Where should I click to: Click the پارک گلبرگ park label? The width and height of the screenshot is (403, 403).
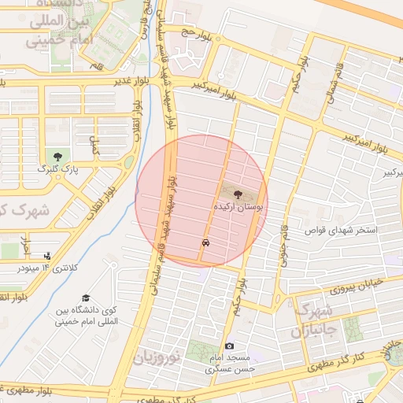click(57, 168)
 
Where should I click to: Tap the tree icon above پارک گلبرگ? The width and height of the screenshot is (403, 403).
click(57, 155)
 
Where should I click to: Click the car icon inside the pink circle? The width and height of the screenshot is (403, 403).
click(205, 243)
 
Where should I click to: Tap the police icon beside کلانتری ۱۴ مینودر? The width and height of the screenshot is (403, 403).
click(48, 256)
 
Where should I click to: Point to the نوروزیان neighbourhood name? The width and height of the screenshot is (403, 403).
click(157, 357)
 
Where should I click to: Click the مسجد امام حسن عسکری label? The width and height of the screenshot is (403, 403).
click(230, 363)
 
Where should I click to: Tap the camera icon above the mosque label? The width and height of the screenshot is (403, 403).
click(229, 346)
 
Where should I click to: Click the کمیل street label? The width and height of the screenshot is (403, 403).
click(95, 144)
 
